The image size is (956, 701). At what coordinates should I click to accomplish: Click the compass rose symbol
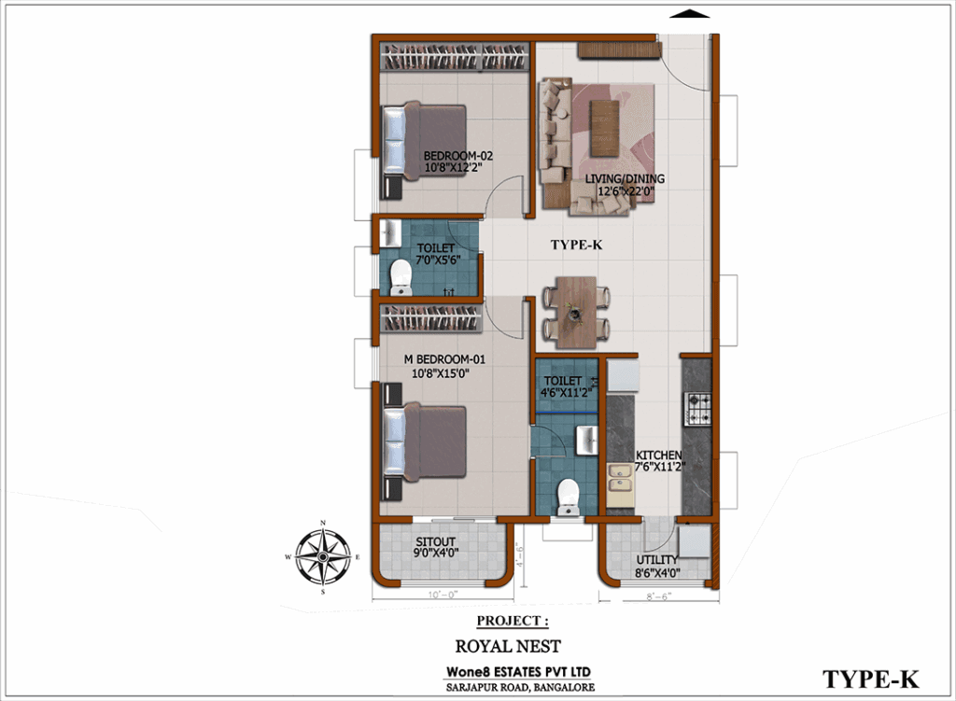[x=323, y=556]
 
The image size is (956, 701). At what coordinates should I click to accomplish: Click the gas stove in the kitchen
[x=698, y=409]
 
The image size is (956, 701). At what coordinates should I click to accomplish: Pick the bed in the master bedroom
[x=424, y=442]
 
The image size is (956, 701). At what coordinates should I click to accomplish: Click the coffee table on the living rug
[x=604, y=127]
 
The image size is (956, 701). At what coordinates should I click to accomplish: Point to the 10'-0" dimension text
[x=443, y=595]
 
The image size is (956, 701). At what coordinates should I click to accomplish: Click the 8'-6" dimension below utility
[x=658, y=596]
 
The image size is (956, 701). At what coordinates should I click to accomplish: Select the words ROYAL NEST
[x=508, y=646]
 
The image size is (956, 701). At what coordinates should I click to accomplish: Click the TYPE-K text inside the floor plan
[x=576, y=245]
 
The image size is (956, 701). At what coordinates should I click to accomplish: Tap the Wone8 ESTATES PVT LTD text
[x=518, y=672]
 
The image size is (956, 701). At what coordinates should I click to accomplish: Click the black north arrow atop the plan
[x=690, y=13]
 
